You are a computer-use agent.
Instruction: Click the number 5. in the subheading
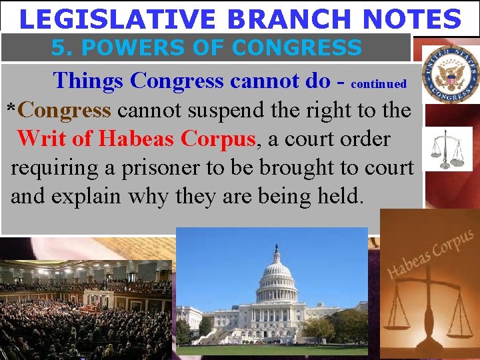(x=61, y=48)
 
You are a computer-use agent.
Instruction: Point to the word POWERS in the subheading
(x=117, y=48)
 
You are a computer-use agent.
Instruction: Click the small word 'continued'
(x=378, y=84)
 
